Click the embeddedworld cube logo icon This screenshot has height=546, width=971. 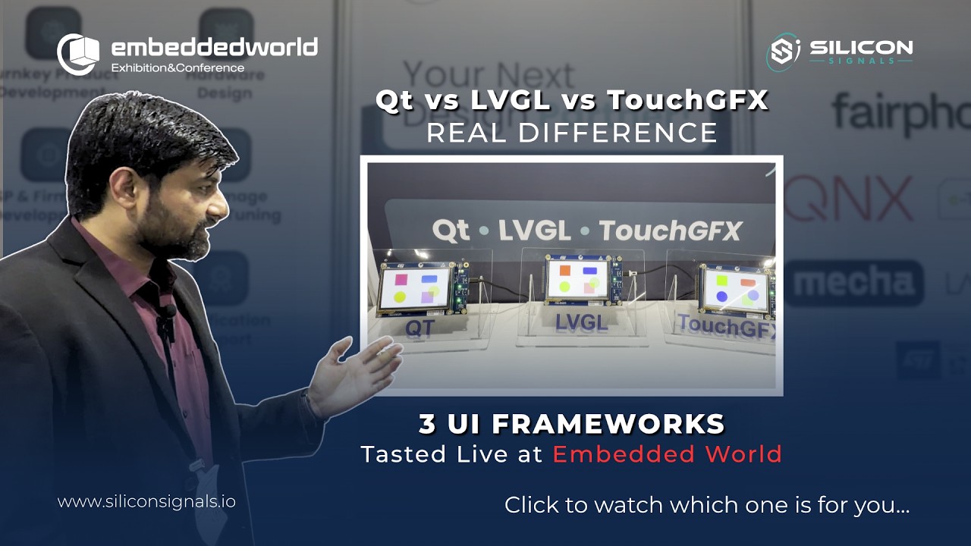pyautogui.click(x=78, y=54)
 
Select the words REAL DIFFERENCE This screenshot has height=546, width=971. pyautogui.click(x=571, y=133)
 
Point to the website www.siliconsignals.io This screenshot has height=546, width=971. pyautogui.click(x=146, y=501)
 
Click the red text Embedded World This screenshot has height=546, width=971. pyautogui.click(x=667, y=454)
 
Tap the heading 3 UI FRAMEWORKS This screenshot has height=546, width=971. pyautogui.click(x=571, y=424)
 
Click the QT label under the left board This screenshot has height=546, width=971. pyautogui.click(x=419, y=328)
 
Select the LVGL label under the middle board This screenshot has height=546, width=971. pyautogui.click(x=581, y=322)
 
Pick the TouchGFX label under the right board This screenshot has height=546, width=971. pyautogui.click(x=727, y=325)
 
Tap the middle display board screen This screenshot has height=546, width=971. pyautogui.click(x=577, y=278)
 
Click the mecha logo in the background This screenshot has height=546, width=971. pyautogui.click(x=853, y=283)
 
